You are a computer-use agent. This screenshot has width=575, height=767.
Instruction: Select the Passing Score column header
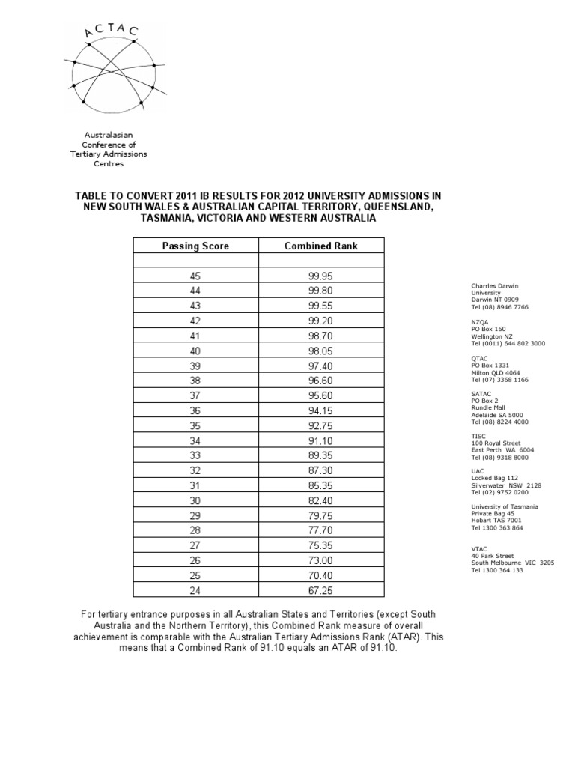click(x=195, y=246)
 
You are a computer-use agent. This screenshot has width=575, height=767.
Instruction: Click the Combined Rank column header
click(x=321, y=246)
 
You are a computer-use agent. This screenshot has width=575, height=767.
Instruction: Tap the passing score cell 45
click(x=195, y=276)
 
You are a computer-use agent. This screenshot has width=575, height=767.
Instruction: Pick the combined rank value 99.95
click(x=321, y=276)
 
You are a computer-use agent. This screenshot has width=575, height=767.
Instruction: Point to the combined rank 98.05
click(x=321, y=351)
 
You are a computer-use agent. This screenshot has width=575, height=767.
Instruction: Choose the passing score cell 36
click(x=195, y=410)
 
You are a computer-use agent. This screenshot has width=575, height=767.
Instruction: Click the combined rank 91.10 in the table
click(x=321, y=440)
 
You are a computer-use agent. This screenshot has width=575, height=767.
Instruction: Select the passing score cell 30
click(x=195, y=500)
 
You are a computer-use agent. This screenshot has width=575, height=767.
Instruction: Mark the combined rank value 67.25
click(x=321, y=590)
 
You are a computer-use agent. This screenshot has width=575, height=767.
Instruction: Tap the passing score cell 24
click(x=195, y=590)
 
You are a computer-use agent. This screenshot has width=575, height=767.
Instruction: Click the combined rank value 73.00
click(x=321, y=560)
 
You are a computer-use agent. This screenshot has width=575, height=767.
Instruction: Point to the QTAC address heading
click(x=479, y=357)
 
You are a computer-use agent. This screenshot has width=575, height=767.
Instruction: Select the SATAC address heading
click(x=481, y=393)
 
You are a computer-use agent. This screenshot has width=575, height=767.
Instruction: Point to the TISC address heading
click(x=478, y=435)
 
